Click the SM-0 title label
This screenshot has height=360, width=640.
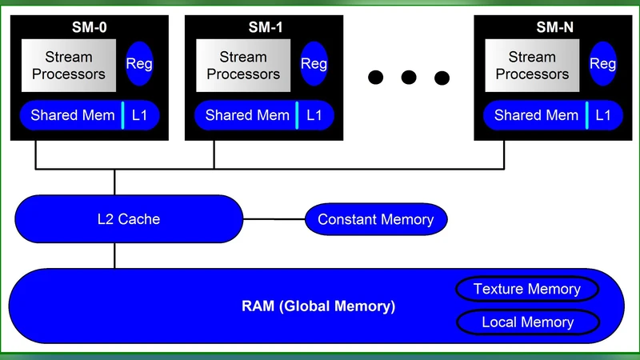coord(89,28)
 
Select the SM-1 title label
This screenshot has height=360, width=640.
coord(265,28)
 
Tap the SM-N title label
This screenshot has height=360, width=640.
coord(554,28)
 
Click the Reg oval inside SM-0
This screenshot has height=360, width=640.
coord(140,64)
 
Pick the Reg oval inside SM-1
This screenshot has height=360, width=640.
coord(314,64)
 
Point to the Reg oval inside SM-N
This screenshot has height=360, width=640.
coord(603,64)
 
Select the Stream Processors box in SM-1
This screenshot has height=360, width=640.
coord(243,65)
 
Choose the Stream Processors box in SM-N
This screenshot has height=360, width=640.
coord(532,65)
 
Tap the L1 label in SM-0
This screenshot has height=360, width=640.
coord(140,115)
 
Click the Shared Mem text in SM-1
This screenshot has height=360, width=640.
coord(247,115)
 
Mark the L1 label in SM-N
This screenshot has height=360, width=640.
coord(603,115)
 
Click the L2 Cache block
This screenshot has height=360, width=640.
coord(128,218)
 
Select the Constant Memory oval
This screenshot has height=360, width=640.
coord(375,219)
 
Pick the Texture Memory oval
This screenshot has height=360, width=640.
coord(526,289)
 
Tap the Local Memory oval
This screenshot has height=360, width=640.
coord(527,322)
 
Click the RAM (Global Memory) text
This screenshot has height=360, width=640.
coord(318,306)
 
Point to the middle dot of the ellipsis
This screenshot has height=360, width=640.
coord(409,78)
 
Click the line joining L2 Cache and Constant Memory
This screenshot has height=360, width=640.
coord(274,219)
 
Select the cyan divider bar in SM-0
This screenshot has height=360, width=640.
coord(123,115)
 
